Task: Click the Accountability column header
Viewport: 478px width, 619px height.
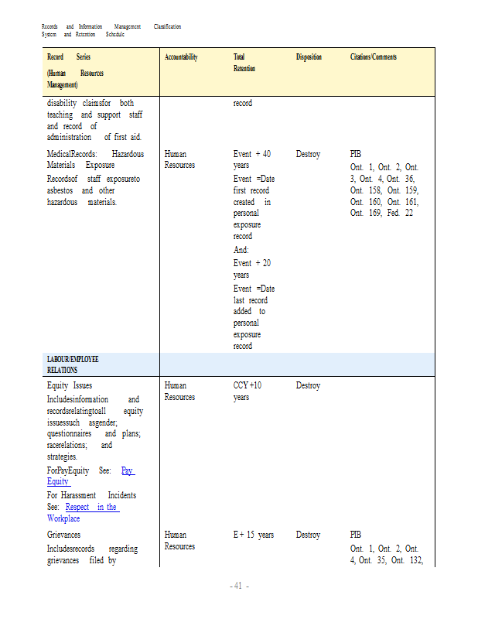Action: pyautogui.click(x=181, y=57)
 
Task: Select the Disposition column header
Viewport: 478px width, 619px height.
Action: pyautogui.click(x=309, y=57)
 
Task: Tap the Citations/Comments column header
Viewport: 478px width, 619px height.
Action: pyautogui.click(x=374, y=57)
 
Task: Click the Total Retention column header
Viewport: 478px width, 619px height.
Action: pyautogui.click(x=244, y=63)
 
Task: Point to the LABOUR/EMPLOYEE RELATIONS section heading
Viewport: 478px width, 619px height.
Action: pyautogui.click(x=73, y=364)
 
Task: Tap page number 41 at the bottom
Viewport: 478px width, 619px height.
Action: pyautogui.click(x=238, y=586)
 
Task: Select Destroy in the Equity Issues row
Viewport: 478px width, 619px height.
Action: pyautogui.click(x=308, y=385)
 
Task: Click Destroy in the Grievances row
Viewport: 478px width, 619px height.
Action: pyautogui.click(x=308, y=535)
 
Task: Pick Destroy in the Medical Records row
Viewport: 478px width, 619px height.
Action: pyautogui.click(x=308, y=154)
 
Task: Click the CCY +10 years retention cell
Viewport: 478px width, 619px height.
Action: pyautogui.click(x=248, y=391)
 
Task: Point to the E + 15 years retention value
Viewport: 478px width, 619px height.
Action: pyautogui.click(x=254, y=535)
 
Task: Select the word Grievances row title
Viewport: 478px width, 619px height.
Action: pyautogui.click(x=63, y=535)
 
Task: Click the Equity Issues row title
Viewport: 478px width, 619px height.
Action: pyautogui.click(x=70, y=385)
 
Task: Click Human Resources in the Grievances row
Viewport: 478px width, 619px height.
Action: pyautogui.click(x=179, y=540)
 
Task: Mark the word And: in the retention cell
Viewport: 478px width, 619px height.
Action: pyautogui.click(x=241, y=250)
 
